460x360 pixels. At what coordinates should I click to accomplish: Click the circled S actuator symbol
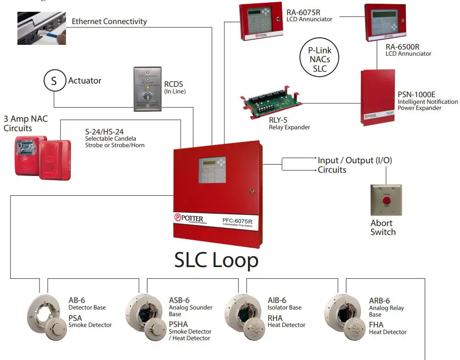coord(54,81)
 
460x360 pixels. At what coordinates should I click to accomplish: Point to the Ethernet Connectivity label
coord(109,22)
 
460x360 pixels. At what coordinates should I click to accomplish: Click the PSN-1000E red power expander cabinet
coord(377,97)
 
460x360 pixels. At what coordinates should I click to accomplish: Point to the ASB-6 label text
coord(179,301)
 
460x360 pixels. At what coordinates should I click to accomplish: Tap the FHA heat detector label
coord(376,325)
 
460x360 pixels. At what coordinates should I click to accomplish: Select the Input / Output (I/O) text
coord(354,160)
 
